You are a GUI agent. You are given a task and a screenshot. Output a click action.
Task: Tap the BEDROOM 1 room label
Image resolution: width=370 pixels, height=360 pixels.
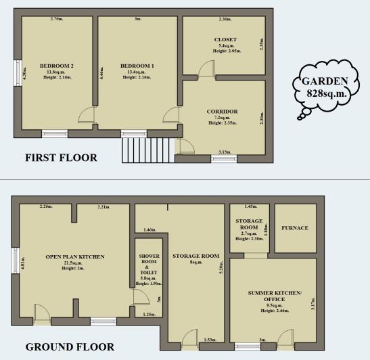coord(137,66)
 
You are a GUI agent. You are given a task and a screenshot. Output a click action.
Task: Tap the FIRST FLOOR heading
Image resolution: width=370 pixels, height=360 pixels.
coord(61,158)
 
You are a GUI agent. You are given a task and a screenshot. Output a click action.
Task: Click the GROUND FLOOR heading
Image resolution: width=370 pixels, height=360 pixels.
coord(70,347)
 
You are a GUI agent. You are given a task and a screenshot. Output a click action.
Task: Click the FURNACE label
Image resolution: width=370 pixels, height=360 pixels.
coord(294,228)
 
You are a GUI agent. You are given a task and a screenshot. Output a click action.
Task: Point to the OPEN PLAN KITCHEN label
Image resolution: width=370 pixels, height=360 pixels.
coord(74,256)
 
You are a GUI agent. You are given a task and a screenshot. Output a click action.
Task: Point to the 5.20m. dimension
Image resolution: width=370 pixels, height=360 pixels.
coord(221,267)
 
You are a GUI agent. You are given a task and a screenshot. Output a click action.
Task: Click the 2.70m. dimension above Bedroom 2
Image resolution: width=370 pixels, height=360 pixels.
coord(57,19)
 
